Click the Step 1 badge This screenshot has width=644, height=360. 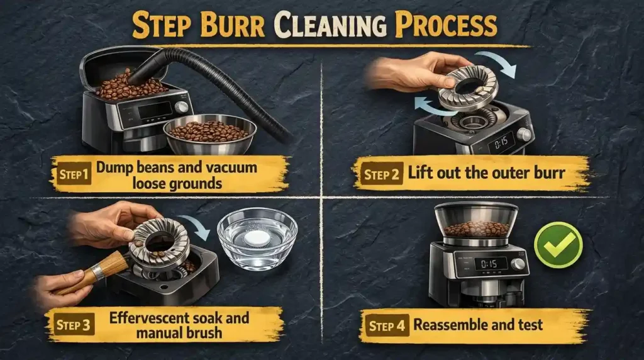point(72,172)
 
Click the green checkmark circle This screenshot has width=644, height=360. point(558,245)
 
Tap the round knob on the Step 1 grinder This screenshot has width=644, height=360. point(182,107)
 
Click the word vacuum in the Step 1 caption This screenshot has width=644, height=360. point(223,168)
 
